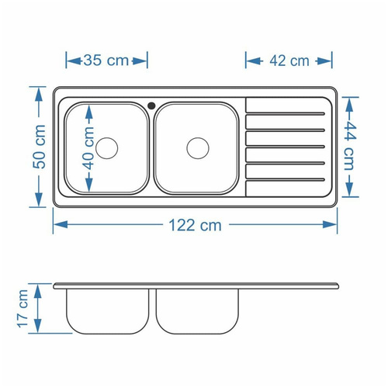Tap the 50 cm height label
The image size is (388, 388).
(x=40, y=147)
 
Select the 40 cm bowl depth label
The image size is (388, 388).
(x=90, y=150)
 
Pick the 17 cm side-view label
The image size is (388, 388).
(x=24, y=308)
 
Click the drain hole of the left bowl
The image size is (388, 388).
(x=107, y=147)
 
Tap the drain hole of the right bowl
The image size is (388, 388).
(x=199, y=147)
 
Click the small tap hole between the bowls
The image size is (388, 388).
(x=151, y=103)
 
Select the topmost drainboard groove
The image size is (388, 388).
(x=286, y=114)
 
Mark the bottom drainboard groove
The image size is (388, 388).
(x=286, y=180)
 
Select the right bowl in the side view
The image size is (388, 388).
(x=198, y=310)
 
